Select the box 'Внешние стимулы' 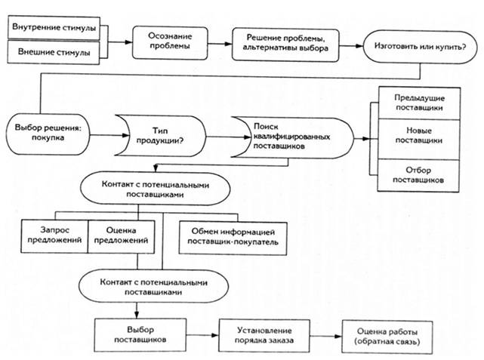(54, 53)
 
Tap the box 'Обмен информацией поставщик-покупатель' (230, 235)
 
